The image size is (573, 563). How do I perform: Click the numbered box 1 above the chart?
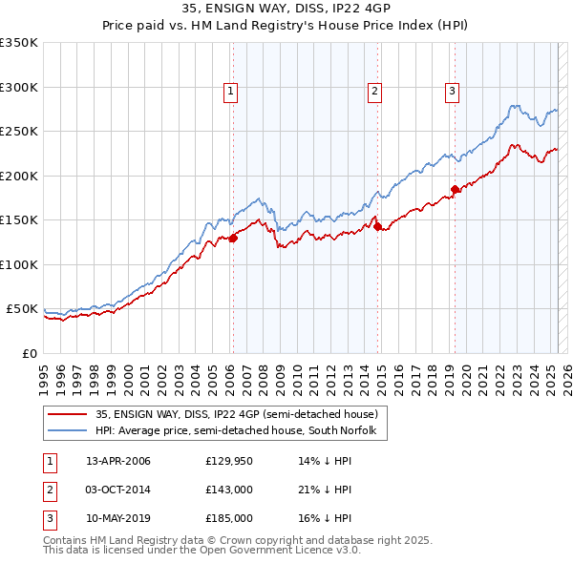(x=231, y=92)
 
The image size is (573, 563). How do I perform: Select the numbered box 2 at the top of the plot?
(x=374, y=92)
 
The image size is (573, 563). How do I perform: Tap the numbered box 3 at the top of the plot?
(x=452, y=92)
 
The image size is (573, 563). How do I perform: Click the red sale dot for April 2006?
(x=233, y=239)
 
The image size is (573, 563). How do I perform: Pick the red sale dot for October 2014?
(x=377, y=226)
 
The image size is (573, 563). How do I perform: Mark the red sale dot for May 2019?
(x=456, y=190)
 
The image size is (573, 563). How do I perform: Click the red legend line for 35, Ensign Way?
(x=68, y=414)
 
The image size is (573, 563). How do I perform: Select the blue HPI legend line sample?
(x=68, y=431)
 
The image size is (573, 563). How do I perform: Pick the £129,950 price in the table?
(x=228, y=461)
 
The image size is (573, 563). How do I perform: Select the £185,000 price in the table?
(x=228, y=518)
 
